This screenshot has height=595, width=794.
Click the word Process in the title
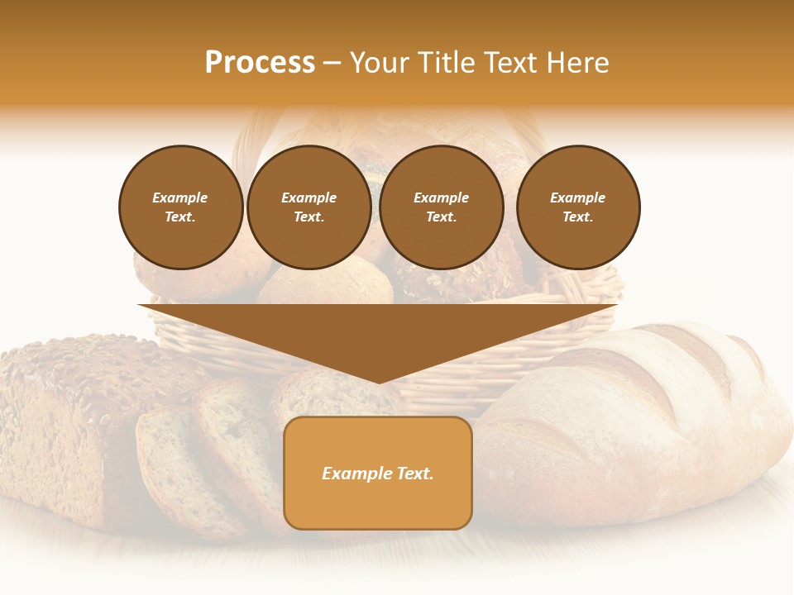[x=260, y=63]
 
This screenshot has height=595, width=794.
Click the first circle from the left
[x=180, y=207]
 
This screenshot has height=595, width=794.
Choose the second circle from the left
[x=309, y=207]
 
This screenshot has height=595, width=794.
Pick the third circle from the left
[x=441, y=207]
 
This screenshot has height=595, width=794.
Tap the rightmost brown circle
[x=578, y=207]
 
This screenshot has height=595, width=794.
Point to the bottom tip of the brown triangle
[x=379, y=383]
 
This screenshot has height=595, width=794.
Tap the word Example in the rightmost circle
[x=577, y=198]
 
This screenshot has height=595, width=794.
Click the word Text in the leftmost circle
[x=179, y=217]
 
